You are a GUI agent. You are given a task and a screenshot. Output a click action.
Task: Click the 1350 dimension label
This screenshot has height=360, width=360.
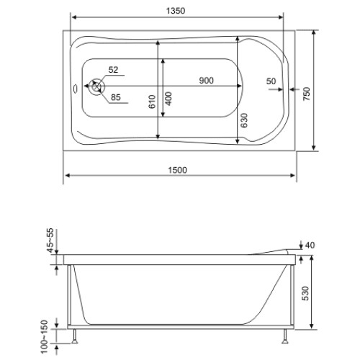coord(176,11)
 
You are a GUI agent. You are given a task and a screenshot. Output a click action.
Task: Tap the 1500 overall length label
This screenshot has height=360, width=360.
coord(177,170)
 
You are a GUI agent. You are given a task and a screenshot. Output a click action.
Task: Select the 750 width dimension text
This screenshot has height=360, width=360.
coord(307,94)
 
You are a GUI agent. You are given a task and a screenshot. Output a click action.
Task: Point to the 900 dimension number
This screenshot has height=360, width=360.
coord(207,81)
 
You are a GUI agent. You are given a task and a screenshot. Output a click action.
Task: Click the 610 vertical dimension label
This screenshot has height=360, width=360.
coord(152,102)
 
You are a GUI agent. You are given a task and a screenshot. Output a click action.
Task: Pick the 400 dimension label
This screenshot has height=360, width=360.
coord(168,99)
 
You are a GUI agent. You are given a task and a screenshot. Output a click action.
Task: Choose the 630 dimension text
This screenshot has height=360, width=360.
coord(244,120)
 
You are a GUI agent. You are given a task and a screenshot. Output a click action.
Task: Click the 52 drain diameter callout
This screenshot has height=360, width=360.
coord(113,70)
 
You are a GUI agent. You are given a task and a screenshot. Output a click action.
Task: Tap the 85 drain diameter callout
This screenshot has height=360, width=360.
coord(116,97)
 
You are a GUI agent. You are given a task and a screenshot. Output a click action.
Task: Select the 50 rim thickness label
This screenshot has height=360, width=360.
coord(271,81)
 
